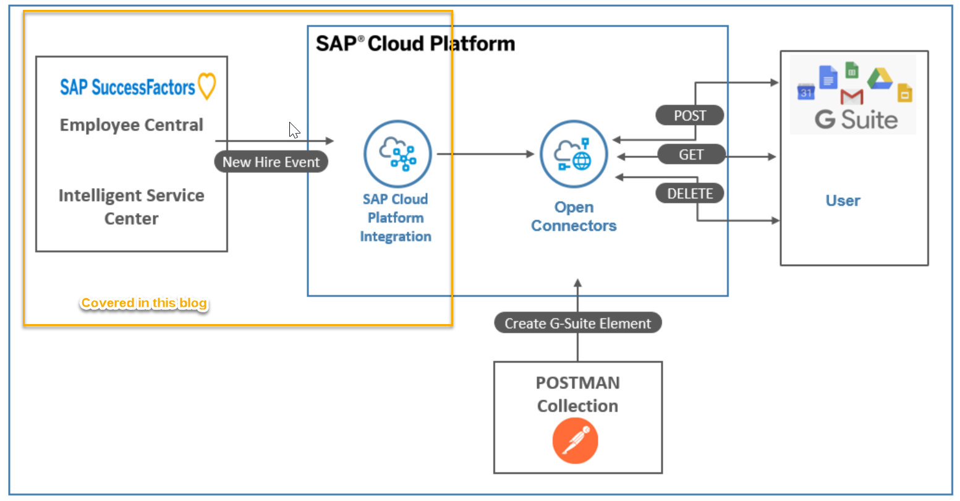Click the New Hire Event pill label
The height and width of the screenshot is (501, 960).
271,162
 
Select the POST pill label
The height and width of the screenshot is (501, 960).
689,116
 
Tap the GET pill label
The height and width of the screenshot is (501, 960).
690,155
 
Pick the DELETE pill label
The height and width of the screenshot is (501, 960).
689,194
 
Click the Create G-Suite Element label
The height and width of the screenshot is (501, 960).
577,323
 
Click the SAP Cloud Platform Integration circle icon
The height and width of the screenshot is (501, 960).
397,154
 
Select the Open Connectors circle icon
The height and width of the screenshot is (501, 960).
574,154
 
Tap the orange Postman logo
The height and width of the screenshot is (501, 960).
575,441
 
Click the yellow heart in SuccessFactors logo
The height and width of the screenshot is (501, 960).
207,87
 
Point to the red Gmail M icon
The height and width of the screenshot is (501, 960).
851,97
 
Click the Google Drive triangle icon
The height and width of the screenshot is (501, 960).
880,79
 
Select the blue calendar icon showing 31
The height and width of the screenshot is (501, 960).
806,92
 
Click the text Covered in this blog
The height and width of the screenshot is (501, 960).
144,303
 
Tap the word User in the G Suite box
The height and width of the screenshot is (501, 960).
843,201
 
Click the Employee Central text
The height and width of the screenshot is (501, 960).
131,125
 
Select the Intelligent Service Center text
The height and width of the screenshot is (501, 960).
131,207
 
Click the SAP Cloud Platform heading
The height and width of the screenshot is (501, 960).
415,44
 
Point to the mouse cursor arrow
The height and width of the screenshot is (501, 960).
294,130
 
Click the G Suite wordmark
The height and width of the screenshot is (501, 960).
856,119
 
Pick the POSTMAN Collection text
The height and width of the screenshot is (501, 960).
577,394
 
